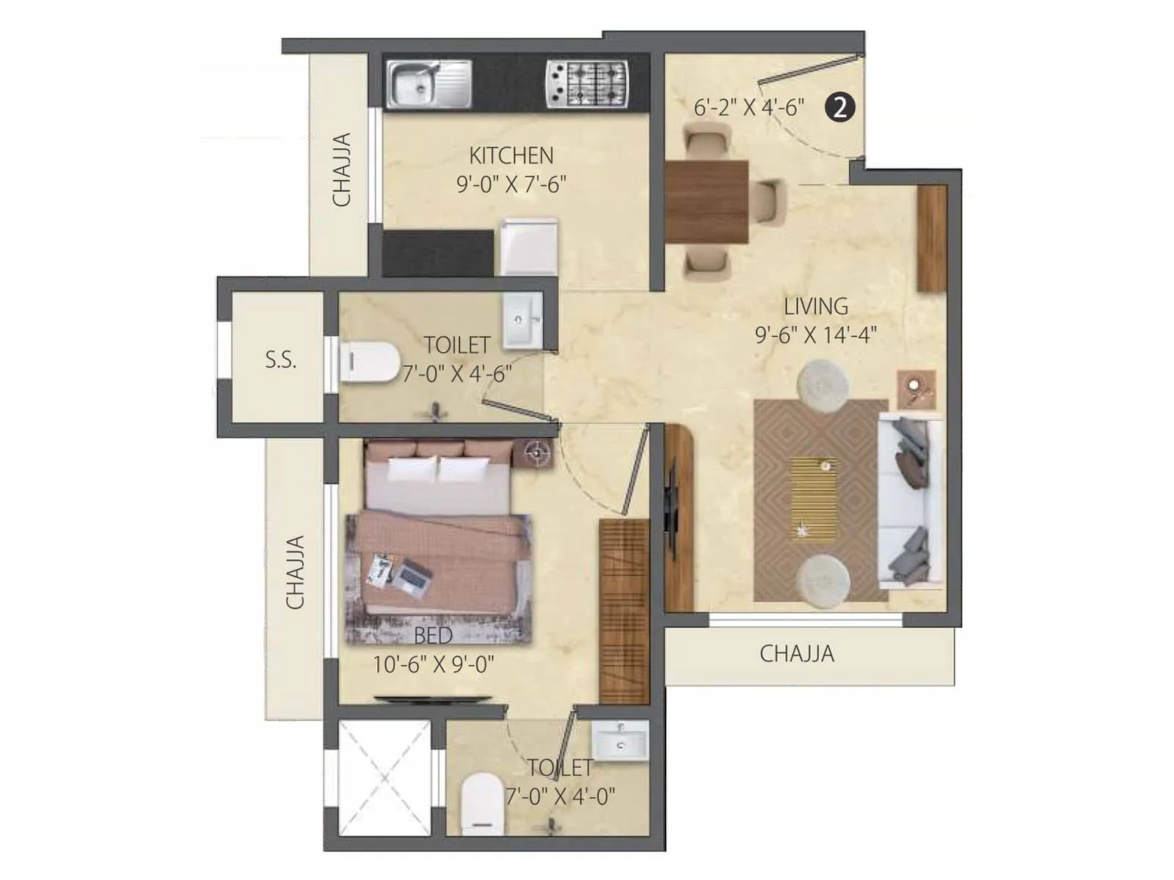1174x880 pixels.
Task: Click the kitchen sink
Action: [428, 83]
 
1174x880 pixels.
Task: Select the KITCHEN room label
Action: [511, 155]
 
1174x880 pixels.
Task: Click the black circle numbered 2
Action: [839, 107]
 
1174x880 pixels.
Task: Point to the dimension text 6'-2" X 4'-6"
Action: [749, 108]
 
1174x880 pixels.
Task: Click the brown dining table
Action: [706, 202]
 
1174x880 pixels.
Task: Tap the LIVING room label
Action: [815, 306]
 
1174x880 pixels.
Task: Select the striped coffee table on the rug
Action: [813, 499]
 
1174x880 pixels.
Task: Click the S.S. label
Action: [280, 359]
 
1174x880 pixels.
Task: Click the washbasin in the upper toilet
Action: [522, 320]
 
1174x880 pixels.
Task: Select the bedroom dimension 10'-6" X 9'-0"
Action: [433, 664]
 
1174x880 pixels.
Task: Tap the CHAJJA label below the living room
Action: [796, 653]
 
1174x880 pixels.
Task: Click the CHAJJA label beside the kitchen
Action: [342, 169]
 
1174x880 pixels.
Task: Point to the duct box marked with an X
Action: [384, 777]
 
